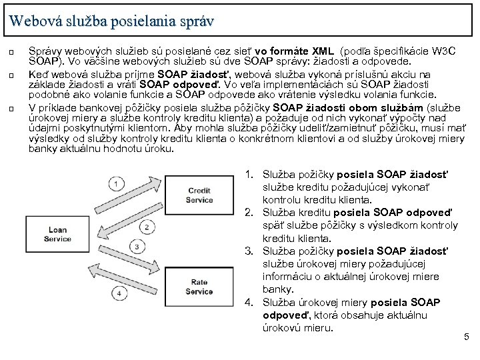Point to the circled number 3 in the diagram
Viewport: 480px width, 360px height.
137,247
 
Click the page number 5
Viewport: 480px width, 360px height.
466,339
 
